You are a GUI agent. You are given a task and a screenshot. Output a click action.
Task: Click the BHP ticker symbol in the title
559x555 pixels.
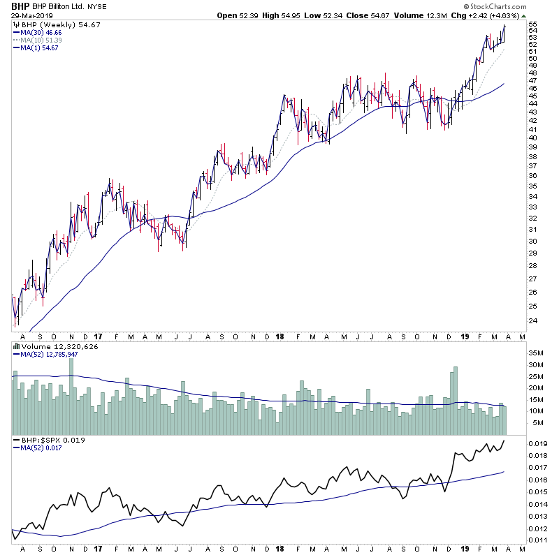point(20,6)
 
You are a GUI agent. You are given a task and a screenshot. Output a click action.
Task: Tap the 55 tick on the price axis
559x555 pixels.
point(532,24)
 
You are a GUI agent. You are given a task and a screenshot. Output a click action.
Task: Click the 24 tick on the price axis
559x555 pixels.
point(532,321)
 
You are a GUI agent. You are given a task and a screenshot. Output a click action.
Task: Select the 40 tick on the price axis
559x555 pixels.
point(532,138)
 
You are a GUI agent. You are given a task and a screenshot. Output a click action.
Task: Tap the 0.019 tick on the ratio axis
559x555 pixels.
point(537,444)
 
